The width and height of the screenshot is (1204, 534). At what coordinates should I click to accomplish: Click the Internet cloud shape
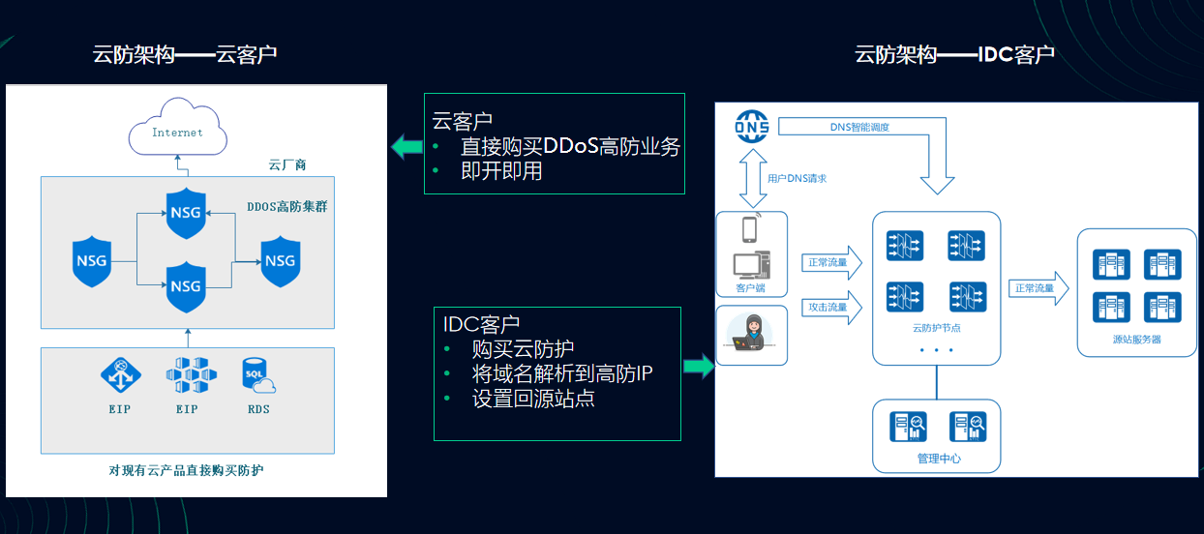pos(177,130)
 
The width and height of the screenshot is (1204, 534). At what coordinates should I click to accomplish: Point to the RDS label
pos(258,409)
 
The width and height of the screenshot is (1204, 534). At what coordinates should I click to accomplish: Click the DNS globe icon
pos(751,127)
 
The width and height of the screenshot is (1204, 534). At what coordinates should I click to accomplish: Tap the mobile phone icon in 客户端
pos(750,230)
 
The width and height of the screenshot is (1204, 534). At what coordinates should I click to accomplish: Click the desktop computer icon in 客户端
pos(752,264)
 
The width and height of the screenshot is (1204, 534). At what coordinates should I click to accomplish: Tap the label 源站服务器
pos(1136,340)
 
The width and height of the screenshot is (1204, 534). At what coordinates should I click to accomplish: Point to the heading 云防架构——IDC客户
pos(953,54)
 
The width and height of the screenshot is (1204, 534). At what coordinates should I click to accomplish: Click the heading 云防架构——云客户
pos(185,54)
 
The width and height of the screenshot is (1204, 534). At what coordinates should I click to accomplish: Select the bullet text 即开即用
pos(501,171)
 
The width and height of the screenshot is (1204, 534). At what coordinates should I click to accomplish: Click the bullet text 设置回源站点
pos(532,399)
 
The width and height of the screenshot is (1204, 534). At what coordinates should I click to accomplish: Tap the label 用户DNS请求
pos(797,178)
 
